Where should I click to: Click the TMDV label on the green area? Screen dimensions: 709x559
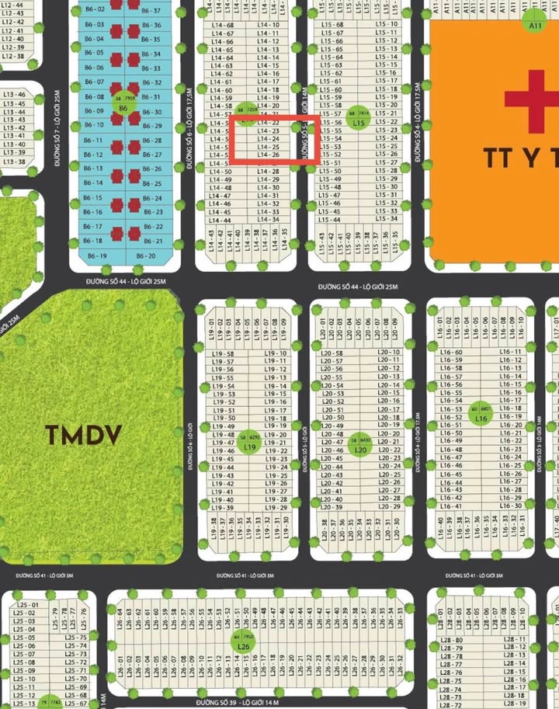(83, 436)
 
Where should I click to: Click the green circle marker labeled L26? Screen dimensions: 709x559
(244, 641)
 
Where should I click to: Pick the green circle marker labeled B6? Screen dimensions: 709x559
(122, 103)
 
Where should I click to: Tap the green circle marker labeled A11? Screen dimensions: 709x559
(534, 21)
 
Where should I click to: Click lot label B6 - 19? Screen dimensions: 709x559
(98, 255)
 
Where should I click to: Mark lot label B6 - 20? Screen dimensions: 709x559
(146, 255)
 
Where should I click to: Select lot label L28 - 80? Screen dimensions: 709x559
(450, 640)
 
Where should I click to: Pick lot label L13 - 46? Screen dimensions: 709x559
(14, 94)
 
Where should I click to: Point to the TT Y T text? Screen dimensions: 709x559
(520, 158)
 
